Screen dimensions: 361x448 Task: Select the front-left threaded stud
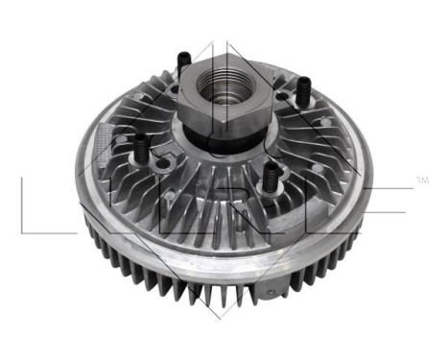click(x=142, y=150)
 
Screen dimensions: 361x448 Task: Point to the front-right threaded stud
click(x=271, y=175)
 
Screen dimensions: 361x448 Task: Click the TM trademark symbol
click(x=422, y=179)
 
